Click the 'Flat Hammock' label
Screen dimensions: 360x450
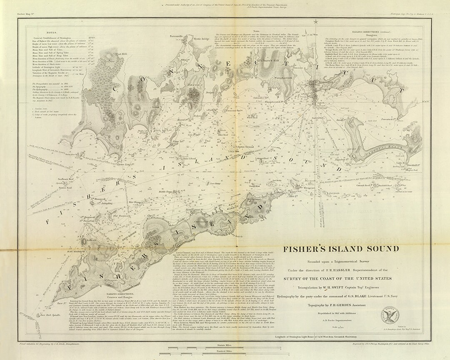point(121,216)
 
